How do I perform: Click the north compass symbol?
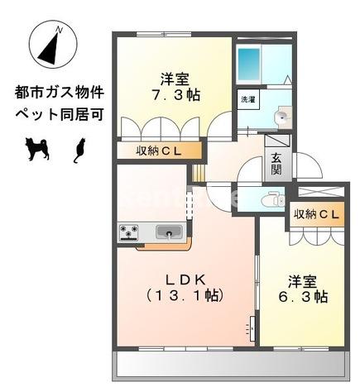point(51,48)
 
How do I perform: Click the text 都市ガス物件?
point(59,90)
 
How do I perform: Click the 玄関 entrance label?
point(276,165)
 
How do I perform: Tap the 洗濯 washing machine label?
point(248,99)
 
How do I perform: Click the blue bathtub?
point(249,62)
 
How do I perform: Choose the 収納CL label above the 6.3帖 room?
point(316,215)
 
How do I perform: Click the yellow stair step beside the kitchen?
point(199,173)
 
